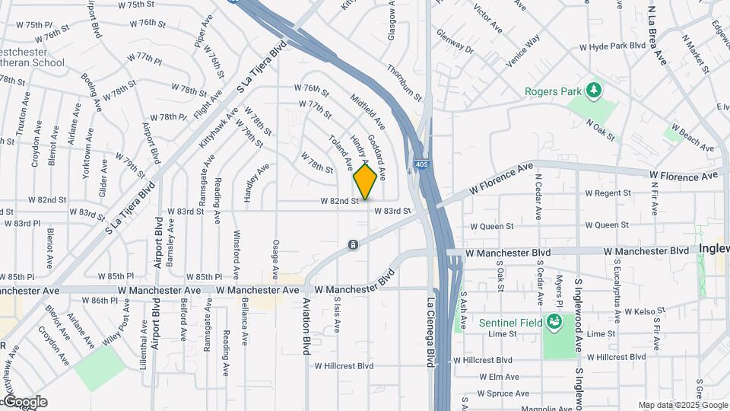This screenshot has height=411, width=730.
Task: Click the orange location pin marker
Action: click(x=366, y=181)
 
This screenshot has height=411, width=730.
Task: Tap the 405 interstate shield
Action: click(x=421, y=164)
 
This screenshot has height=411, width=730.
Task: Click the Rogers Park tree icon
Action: click(x=593, y=91)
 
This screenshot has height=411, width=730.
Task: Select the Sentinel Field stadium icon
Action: click(x=554, y=322)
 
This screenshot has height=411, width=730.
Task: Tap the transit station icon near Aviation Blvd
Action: click(x=353, y=244)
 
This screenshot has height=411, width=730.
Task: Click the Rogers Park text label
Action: click(x=552, y=92)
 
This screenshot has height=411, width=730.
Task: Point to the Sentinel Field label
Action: click(x=510, y=323)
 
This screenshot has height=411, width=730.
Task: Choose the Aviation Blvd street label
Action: click(x=306, y=325)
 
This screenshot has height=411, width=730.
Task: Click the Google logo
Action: click(x=25, y=401)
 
